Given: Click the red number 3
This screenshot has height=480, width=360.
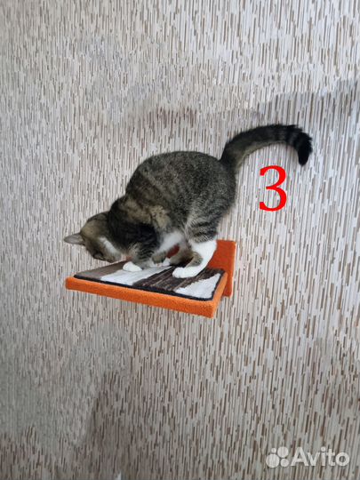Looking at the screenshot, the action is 274,188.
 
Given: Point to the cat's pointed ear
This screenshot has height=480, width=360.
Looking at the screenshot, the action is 74,239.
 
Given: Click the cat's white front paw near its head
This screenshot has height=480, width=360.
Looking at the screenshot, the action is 132,267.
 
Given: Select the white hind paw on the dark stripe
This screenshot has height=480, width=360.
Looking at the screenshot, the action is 185,272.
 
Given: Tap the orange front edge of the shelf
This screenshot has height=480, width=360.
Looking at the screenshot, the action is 141,298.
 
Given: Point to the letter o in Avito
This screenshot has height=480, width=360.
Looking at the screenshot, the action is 340,460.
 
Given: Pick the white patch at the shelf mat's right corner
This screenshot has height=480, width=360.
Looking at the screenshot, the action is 201,287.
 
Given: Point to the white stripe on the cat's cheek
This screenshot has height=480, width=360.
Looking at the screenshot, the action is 108,245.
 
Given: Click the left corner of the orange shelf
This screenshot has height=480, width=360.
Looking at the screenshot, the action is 67,284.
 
